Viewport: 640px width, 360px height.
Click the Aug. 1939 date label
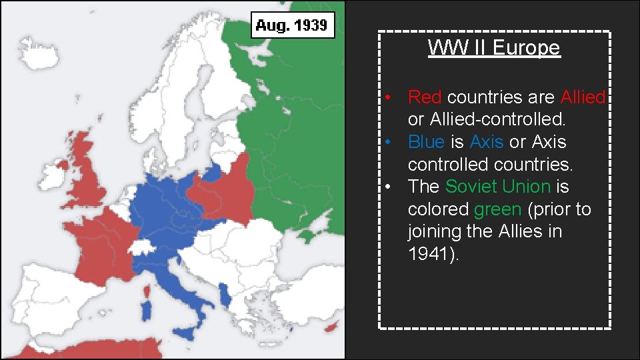point(292,26)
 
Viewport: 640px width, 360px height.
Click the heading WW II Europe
point(494,48)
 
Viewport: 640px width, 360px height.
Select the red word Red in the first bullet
point(425,97)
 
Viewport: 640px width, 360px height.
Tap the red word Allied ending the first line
point(583,97)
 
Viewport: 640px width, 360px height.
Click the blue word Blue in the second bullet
point(426,142)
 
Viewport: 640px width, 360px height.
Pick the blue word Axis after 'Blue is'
point(487,142)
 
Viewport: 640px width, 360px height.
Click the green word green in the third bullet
point(497,209)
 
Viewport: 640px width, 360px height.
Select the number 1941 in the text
point(430,254)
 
